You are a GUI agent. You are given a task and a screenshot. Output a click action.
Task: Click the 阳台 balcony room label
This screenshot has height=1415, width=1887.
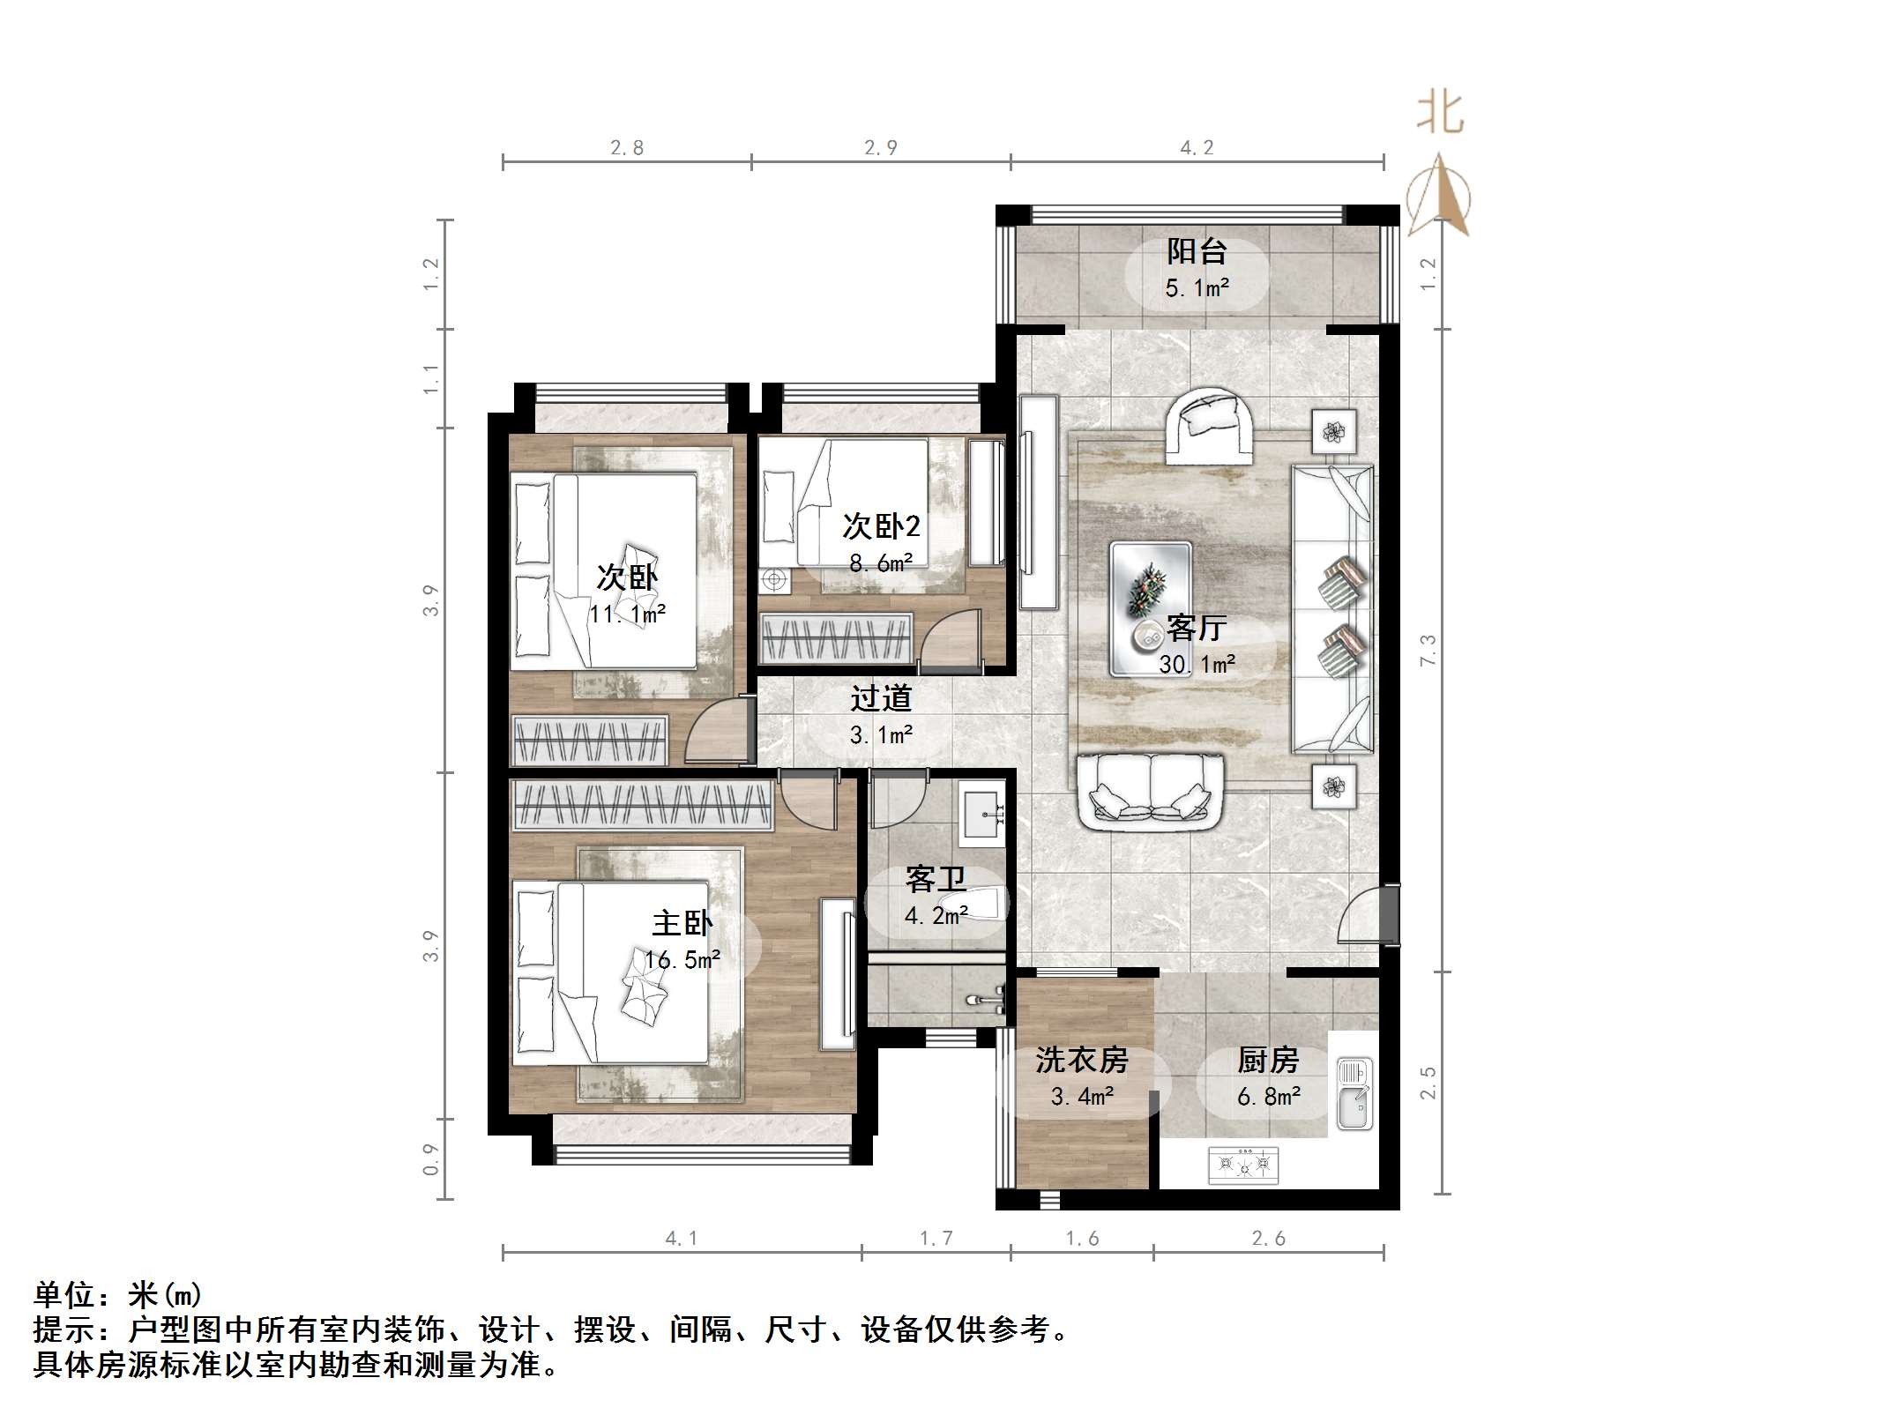pos(1197,252)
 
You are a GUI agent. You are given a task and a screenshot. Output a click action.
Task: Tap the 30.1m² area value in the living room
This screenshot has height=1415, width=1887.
pos(1197,664)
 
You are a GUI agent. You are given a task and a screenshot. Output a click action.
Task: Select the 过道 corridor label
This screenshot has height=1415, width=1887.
pos(880,699)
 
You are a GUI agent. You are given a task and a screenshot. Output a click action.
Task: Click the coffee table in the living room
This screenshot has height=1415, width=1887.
pos(1151,609)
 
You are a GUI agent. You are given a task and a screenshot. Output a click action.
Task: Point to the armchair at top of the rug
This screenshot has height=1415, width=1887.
pos(1209,426)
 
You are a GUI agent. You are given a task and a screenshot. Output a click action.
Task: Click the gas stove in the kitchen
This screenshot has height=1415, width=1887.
pos(1243,1164)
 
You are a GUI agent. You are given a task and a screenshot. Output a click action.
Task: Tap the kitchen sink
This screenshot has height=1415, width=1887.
pos(1354,1093)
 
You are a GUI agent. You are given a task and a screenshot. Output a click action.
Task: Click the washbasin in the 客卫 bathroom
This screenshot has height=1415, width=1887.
pos(981,814)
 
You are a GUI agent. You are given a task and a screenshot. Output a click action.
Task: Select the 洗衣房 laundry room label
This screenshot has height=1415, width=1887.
pos(1081,1060)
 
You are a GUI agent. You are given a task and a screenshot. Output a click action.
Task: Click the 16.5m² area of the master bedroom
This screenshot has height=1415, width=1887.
pos(682,959)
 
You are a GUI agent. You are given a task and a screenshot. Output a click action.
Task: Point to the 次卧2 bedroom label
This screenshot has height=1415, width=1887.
pos(880,526)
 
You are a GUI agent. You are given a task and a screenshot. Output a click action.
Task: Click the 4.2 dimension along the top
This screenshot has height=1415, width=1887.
pos(1197,147)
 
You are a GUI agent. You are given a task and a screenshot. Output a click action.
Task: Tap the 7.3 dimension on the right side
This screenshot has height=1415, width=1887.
pos(1428,651)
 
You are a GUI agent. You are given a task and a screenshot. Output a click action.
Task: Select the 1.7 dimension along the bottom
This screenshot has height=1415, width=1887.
pos(936,1239)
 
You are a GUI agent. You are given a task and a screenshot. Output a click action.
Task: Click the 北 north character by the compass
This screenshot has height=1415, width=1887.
pos(1440,113)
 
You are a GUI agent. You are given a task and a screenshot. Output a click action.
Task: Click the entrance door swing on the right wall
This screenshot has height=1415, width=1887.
pos(1362,917)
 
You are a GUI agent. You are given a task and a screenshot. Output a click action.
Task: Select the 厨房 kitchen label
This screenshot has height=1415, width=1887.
pos(1268,1060)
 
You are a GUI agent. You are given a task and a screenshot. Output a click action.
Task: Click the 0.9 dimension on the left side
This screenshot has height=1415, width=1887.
pos(431,1159)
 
